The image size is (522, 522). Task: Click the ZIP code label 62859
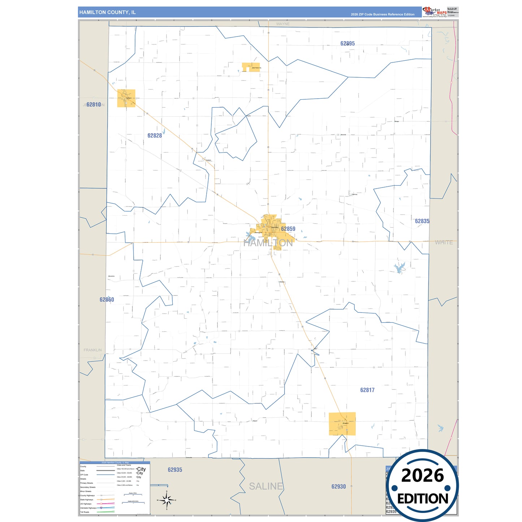[288, 229]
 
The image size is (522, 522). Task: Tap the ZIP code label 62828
[155, 135]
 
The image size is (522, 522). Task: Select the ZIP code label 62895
[348, 43]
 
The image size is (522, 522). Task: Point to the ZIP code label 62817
[367, 390]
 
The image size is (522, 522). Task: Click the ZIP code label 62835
[422, 221]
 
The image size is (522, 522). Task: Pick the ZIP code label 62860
[107, 299]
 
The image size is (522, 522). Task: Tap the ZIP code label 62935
[175, 470]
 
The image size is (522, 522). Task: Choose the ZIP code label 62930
[338, 487]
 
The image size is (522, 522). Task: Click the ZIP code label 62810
[94, 104]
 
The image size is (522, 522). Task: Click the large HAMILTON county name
[268, 243]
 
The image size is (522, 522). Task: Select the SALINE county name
[266, 486]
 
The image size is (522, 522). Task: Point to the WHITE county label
[444, 242]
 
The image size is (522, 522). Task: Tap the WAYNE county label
[283, 24]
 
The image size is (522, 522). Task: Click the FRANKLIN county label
[93, 350]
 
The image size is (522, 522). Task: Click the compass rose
[167, 500]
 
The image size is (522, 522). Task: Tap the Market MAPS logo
[435, 12]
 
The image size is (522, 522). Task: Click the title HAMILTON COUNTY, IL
[108, 12]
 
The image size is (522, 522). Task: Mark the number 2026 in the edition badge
[422, 475]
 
